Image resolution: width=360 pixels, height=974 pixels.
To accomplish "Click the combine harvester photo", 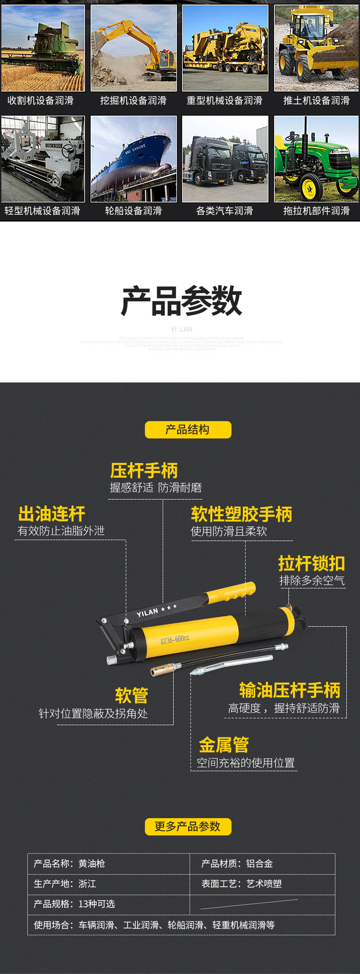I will point(42,48).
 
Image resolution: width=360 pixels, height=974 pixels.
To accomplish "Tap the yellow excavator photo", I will point(134,48).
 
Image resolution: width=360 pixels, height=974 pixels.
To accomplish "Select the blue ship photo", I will point(134,158).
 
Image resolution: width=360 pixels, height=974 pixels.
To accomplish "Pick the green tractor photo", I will point(316,158).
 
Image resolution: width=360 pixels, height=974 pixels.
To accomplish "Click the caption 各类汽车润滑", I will point(224,211).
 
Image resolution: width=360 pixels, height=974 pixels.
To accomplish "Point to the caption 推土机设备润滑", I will point(316,101).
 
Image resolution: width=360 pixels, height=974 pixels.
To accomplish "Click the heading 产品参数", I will point(181,301).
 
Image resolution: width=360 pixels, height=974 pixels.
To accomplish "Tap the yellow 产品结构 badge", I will point(188,430).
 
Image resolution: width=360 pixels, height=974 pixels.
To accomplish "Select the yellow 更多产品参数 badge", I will point(188,826).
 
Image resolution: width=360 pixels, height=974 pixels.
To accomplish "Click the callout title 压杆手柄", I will point(144,471).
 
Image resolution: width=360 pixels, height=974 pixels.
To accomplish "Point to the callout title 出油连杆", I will point(51,514).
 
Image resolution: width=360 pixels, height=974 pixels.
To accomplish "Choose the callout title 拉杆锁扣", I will point(312,564).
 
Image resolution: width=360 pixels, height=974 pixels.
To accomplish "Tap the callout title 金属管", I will point(224,745).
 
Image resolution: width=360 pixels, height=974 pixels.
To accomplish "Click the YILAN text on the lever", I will point(147,613).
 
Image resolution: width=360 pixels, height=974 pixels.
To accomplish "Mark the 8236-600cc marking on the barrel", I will point(175,639).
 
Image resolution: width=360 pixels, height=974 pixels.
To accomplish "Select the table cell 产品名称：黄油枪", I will point(69,864).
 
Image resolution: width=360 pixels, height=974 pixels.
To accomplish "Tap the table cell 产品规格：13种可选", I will point(74,904).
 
